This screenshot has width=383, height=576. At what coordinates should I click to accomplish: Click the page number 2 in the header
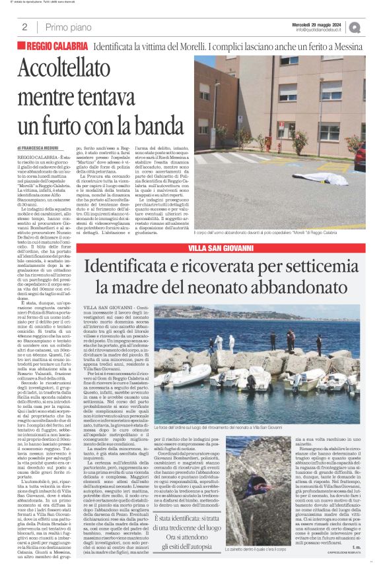click(24, 27)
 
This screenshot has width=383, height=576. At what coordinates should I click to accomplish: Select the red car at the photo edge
click(360, 157)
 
